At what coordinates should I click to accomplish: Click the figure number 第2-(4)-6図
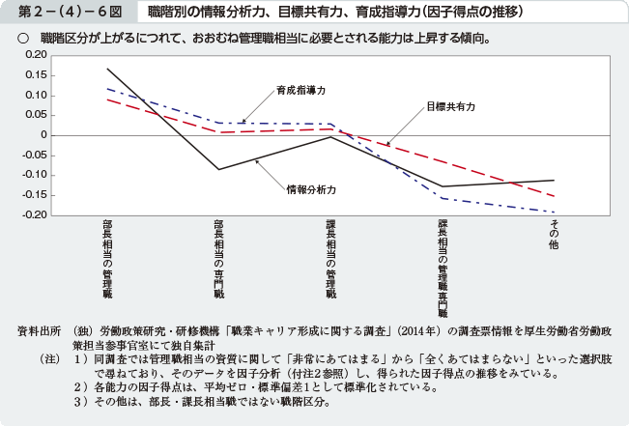(x=62, y=14)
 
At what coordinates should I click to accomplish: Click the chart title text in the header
(x=336, y=14)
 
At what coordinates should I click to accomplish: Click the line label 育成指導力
(x=300, y=90)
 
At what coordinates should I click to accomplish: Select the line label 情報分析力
(x=311, y=188)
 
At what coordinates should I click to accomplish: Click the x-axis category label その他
(x=555, y=236)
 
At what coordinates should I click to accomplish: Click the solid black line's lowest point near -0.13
(x=443, y=186)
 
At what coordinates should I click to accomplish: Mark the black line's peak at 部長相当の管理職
(x=107, y=69)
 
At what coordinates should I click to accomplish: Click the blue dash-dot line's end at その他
(x=555, y=212)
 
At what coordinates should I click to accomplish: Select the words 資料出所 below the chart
(x=40, y=330)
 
